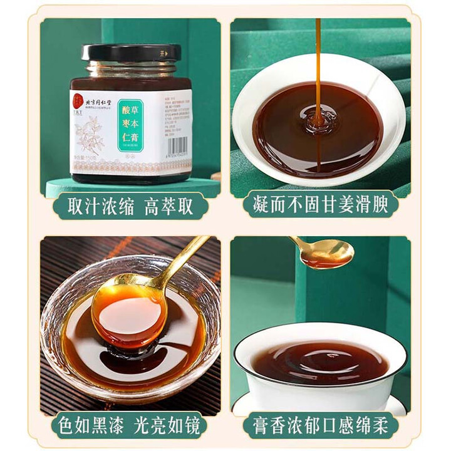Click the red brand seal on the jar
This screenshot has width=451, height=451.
point(77,96)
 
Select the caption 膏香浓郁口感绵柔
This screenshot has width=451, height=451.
point(321,427)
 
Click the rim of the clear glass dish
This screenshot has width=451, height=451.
point(56,301)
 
